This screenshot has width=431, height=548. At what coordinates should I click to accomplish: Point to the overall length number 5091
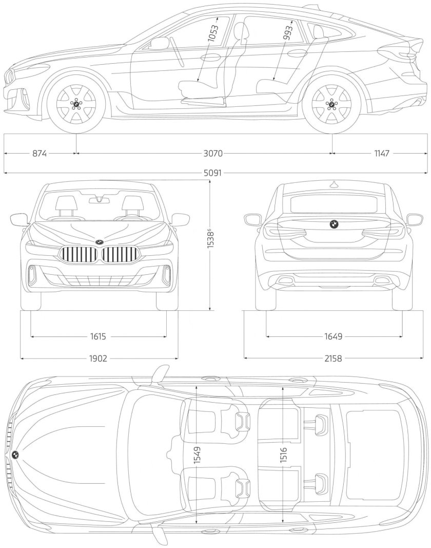212,173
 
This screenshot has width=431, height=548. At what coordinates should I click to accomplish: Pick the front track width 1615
97,337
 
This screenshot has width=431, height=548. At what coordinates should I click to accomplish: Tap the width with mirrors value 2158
333,358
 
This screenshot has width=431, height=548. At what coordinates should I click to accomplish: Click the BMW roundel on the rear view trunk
333,224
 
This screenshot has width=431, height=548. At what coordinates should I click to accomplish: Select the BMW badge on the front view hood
99,242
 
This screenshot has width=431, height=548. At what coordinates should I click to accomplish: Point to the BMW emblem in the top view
15,455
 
